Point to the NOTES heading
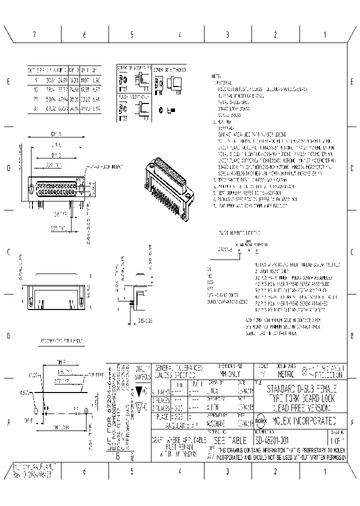216,76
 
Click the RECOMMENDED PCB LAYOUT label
61,341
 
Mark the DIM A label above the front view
55,134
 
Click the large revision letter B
117,456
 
